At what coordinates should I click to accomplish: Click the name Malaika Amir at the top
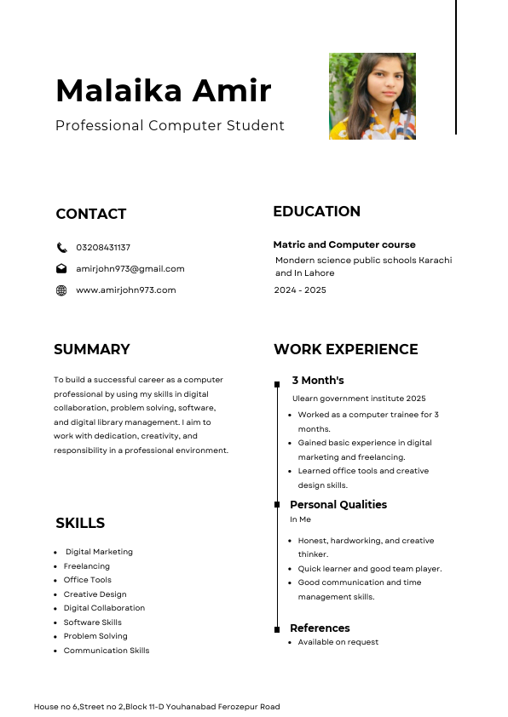(163, 89)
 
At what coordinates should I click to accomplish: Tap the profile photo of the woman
(372, 96)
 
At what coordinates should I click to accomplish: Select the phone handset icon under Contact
(61, 248)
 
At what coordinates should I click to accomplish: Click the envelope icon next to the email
(61, 269)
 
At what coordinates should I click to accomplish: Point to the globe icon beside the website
(61, 290)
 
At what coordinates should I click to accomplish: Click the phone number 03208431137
(103, 248)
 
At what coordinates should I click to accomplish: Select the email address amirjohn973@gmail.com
(130, 269)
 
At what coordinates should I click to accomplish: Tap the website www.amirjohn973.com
(125, 290)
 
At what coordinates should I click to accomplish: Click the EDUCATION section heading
(316, 211)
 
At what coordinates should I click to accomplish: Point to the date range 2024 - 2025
(300, 290)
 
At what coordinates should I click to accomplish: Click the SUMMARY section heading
(92, 349)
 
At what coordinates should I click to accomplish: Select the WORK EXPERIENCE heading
(345, 349)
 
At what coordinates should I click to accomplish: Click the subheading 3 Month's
(318, 381)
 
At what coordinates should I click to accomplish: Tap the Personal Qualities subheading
(338, 505)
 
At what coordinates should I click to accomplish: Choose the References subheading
(320, 628)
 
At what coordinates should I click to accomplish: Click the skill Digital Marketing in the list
(99, 552)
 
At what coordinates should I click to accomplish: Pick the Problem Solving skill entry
(95, 636)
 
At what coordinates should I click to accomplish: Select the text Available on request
(338, 642)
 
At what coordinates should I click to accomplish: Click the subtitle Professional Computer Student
(170, 126)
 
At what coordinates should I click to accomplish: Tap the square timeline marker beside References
(277, 629)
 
